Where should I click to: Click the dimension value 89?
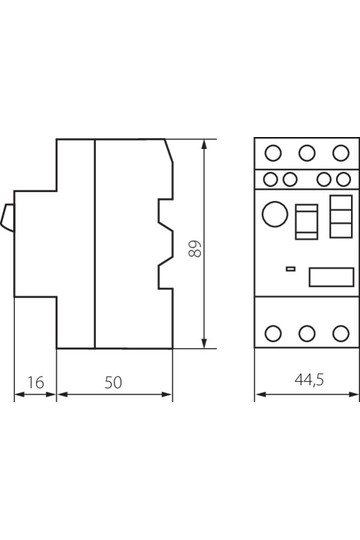point(195,249)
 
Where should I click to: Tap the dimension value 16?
point(36,383)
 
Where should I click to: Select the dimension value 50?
point(113,383)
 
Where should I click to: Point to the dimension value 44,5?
point(309,380)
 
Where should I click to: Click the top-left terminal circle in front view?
point(273,153)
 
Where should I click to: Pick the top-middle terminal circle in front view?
point(307,153)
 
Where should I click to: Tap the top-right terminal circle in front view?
point(341,153)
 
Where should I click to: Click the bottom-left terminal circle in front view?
point(273,333)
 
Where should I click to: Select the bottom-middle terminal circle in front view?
point(307,333)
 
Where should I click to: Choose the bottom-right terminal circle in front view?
point(341,333)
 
